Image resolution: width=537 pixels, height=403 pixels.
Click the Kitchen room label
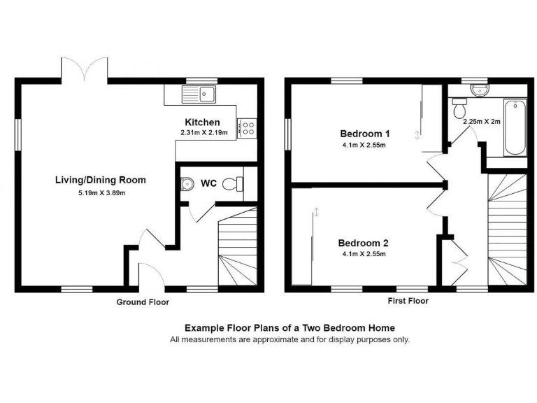[x=202, y=122]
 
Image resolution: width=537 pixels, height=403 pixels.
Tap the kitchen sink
[x=201, y=93]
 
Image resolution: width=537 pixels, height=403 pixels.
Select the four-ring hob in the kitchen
[x=248, y=127]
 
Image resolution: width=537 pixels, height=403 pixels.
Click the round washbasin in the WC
[x=185, y=184]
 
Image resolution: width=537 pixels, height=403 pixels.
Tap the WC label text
[x=208, y=184]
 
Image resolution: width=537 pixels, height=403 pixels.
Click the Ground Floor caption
[x=143, y=302]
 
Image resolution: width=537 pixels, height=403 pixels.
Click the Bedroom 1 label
[x=364, y=134]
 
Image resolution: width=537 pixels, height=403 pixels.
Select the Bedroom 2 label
[x=363, y=243]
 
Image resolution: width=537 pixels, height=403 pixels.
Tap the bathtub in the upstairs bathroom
[x=517, y=128]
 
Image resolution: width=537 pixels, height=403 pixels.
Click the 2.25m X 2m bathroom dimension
[x=481, y=120]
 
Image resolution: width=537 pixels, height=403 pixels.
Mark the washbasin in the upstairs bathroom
[x=479, y=90]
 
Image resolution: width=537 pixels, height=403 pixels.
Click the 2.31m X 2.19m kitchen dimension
[x=204, y=133]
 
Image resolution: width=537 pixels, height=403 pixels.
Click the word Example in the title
[x=202, y=327]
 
